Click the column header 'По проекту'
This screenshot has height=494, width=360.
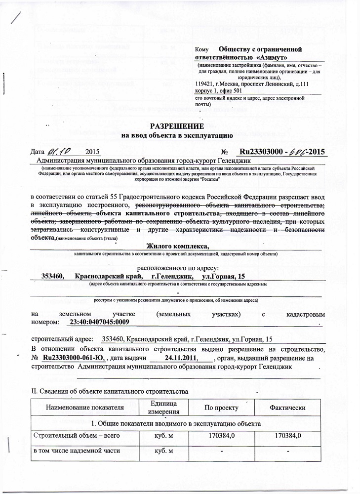point(222,408)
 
